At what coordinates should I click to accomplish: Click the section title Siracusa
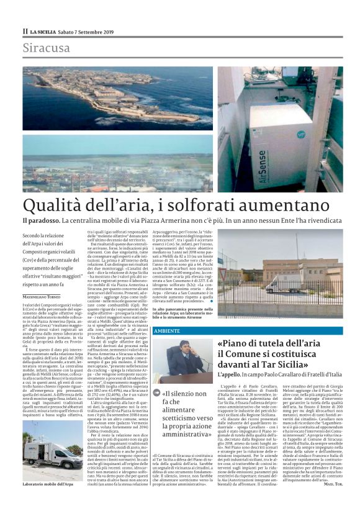point(47,48)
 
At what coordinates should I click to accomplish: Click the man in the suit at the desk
point(184,358)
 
